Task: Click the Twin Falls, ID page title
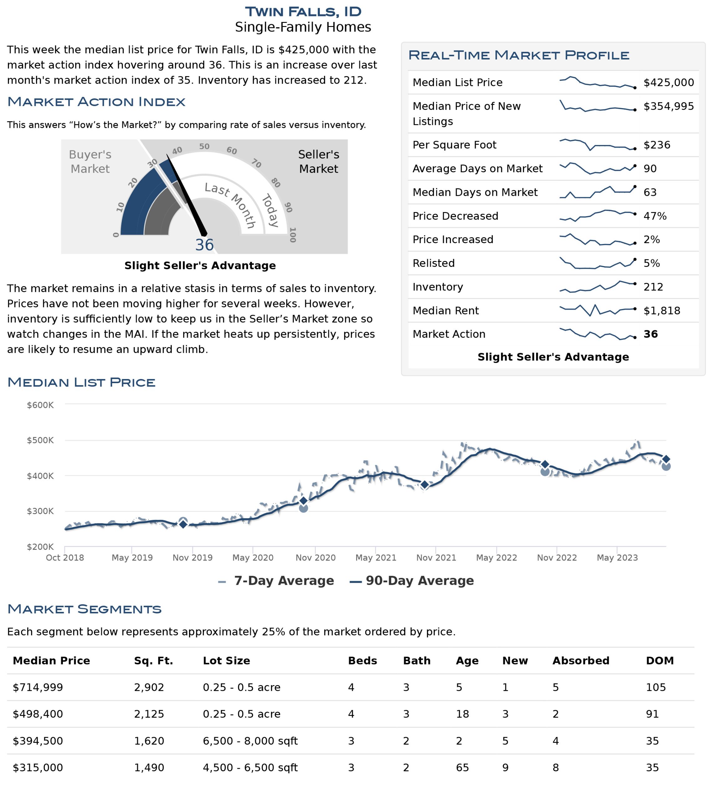(x=303, y=12)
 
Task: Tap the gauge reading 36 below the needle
(x=204, y=245)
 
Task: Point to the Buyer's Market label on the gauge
(x=90, y=162)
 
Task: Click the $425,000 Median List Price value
(x=669, y=82)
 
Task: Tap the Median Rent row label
(x=446, y=311)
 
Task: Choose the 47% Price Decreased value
(x=655, y=216)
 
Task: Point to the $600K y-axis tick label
(x=40, y=405)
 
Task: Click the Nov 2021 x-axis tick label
(x=436, y=558)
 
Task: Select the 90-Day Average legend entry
(x=412, y=581)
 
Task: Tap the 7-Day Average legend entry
(x=276, y=581)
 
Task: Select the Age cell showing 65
(x=462, y=768)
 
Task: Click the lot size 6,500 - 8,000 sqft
(x=250, y=741)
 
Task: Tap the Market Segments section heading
(x=84, y=609)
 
